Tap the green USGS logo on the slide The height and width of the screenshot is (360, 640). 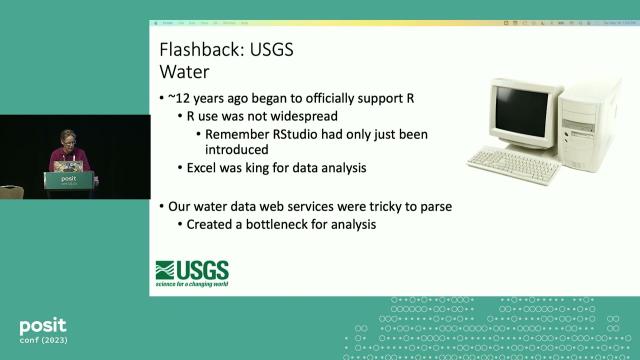pos(191,270)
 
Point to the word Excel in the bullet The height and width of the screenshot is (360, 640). pos(203,168)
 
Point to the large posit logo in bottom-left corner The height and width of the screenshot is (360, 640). pos(43,325)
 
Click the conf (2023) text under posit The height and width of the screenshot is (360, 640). pos(45,343)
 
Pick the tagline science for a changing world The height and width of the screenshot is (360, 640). pos(191,283)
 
